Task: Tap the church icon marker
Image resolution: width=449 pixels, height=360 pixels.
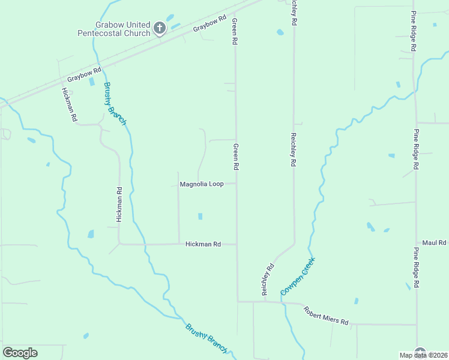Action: [160, 28]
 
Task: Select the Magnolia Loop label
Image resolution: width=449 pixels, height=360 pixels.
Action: [202, 184]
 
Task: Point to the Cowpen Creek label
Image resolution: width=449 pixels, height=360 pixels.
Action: [298, 276]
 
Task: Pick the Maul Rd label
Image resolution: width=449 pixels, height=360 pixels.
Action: [435, 242]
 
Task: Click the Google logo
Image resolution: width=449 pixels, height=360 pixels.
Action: [20, 352]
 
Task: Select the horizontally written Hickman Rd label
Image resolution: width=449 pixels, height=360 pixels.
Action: [203, 244]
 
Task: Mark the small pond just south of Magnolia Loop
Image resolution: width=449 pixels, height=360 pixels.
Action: [200, 216]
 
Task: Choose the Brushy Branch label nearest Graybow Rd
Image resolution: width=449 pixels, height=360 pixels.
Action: [115, 103]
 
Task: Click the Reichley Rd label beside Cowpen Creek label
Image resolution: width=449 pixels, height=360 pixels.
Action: [267, 278]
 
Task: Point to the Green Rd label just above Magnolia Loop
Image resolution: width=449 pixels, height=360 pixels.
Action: [236, 157]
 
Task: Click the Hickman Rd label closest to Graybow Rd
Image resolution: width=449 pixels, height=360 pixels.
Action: [70, 105]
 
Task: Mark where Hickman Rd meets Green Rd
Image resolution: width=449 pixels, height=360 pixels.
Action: [236, 244]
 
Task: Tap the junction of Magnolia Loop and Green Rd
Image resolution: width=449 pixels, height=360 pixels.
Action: [236, 184]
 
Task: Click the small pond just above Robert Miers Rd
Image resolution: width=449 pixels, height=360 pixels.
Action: [356, 301]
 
